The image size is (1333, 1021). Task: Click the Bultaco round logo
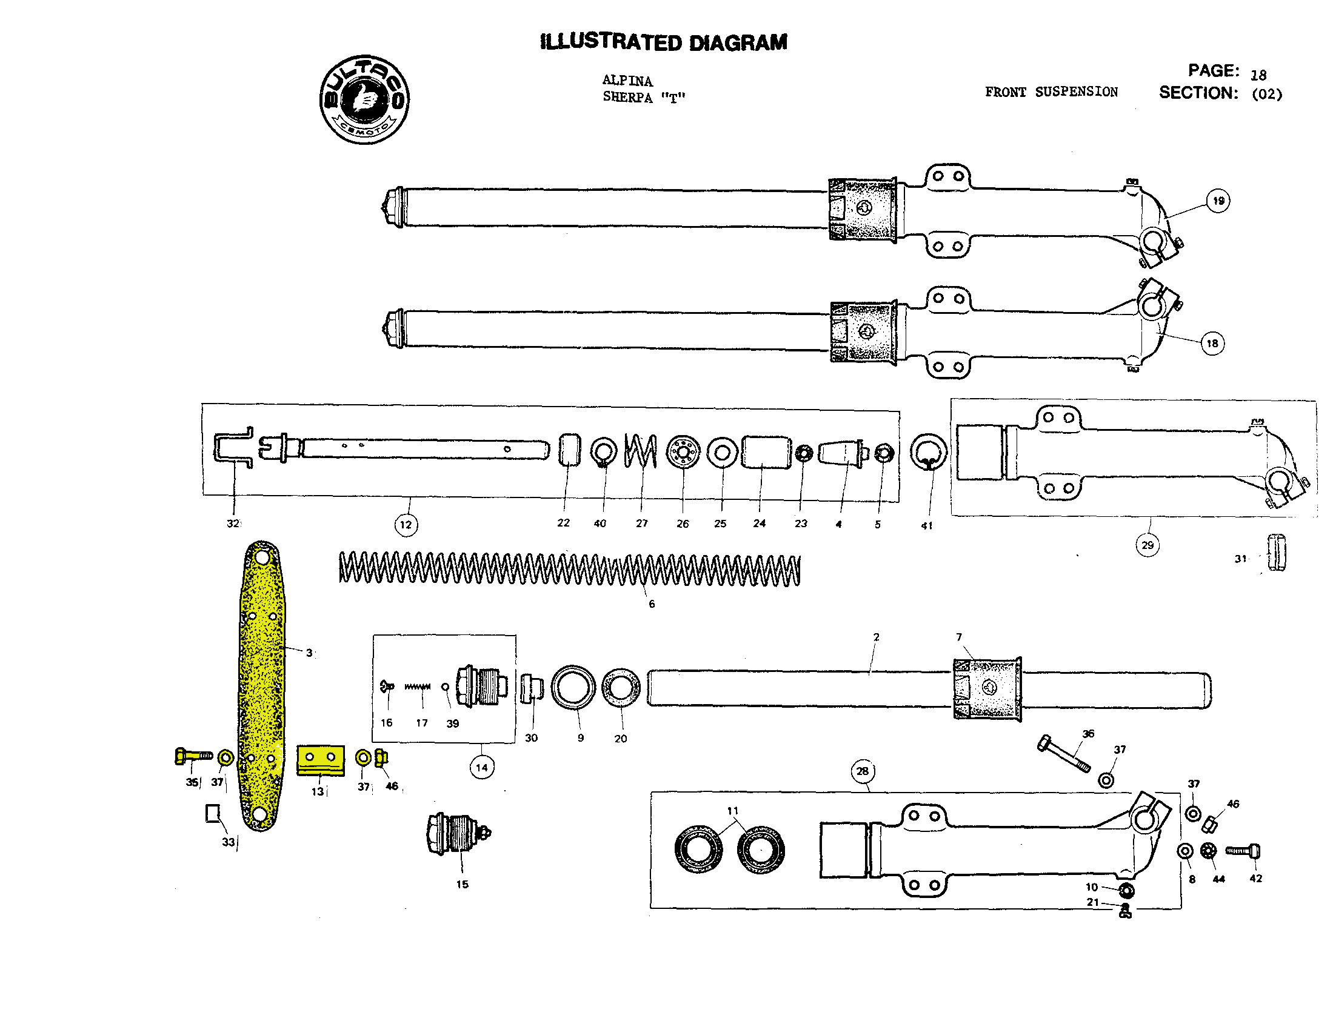pyautogui.click(x=364, y=99)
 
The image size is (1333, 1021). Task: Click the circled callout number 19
pyautogui.click(x=1218, y=201)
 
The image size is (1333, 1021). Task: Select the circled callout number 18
pyautogui.click(x=1212, y=344)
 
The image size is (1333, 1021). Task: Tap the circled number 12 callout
pyautogui.click(x=406, y=525)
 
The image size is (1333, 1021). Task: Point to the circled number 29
pyautogui.click(x=1147, y=545)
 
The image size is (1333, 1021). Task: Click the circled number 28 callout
pyautogui.click(x=863, y=771)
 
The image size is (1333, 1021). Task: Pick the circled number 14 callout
pyautogui.click(x=482, y=767)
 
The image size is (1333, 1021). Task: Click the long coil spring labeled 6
pyautogui.click(x=569, y=570)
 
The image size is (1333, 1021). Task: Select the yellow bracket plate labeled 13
pyautogui.click(x=320, y=760)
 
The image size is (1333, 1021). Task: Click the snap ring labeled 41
pyautogui.click(x=927, y=453)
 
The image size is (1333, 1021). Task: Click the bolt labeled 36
pyautogui.click(x=1063, y=754)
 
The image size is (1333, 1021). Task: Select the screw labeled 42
pyautogui.click(x=1243, y=851)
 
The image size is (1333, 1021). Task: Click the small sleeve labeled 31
pyautogui.click(x=1276, y=553)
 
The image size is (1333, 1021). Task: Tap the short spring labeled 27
pyautogui.click(x=641, y=451)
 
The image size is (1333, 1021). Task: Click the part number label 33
pyautogui.click(x=228, y=842)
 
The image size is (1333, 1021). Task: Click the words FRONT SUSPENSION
pyautogui.click(x=1051, y=91)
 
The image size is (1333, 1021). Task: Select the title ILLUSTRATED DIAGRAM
pyautogui.click(x=663, y=42)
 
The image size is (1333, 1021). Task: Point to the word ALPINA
pyautogui.click(x=627, y=80)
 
